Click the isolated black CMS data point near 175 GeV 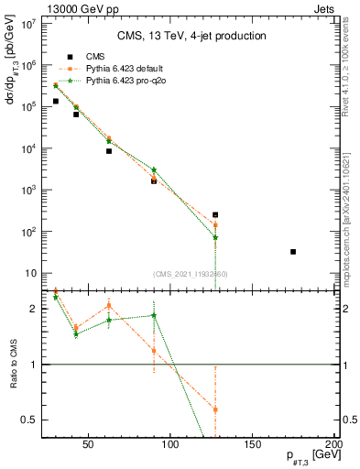[293, 251]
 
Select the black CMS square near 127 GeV [215, 215]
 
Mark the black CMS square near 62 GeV [109, 150]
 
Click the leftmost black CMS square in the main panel [56, 101]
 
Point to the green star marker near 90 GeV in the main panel [154, 170]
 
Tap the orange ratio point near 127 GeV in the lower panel [215, 409]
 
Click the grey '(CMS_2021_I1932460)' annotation [190, 274]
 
